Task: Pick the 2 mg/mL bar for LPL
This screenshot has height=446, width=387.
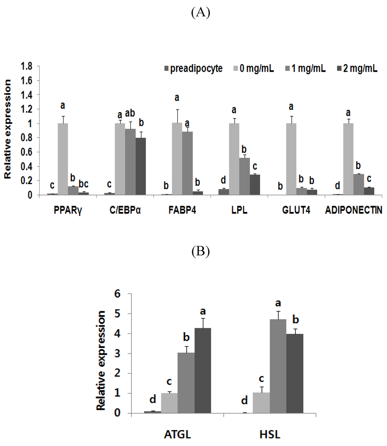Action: click(255, 185)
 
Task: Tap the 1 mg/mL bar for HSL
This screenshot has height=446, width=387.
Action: click(278, 366)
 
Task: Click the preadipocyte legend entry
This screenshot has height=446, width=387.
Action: click(192, 69)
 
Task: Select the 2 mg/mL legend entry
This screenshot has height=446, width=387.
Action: click(357, 69)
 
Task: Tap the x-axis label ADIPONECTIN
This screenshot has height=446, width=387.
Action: click(353, 211)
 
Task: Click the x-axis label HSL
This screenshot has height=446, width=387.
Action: click(270, 435)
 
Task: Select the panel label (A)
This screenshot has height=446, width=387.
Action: click(200, 13)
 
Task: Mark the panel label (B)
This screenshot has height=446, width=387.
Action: click(200, 251)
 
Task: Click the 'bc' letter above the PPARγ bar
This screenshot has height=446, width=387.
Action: click(84, 184)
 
